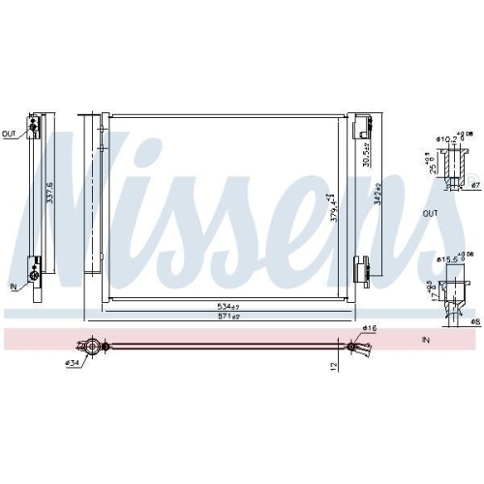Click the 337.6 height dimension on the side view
click(x=48, y=204)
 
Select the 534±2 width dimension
click(x=229, y=306)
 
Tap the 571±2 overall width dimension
click(x=229, y=317)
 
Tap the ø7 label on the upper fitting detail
click(x=474, y=184)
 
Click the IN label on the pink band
click(x=427, y=341)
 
